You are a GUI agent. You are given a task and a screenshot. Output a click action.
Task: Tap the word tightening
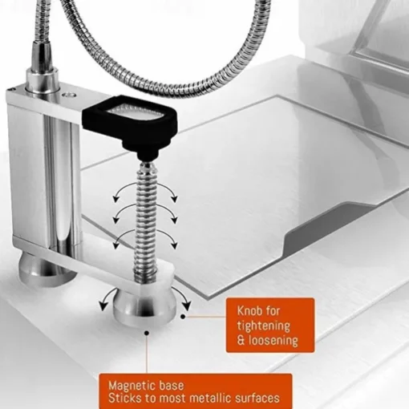point(264,326)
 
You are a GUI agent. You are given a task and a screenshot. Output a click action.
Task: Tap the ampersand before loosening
point(241,341)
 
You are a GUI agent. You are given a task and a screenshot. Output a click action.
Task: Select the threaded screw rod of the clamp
point(145,223)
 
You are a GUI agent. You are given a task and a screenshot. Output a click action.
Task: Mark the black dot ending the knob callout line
point(183,317)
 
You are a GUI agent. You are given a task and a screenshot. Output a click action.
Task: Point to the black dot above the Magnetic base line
point(147,333)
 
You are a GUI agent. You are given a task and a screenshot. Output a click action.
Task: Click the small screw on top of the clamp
point(68,95)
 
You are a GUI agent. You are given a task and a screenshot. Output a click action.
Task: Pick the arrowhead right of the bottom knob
point(188,306)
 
